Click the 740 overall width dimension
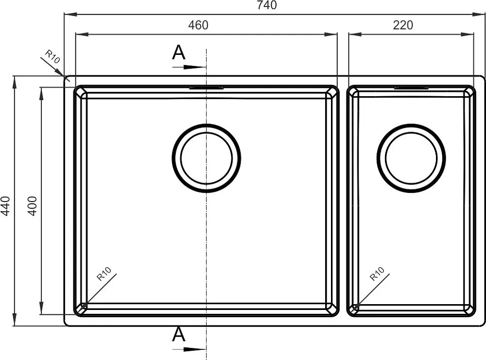point(267,5)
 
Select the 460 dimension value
point(198,25)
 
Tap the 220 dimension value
point(403,25)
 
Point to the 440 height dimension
point(5,206)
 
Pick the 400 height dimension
point(32,206)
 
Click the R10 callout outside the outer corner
point(52,57)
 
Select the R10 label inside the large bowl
point(104,274)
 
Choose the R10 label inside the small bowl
point(377,274)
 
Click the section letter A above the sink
point(178,52)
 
